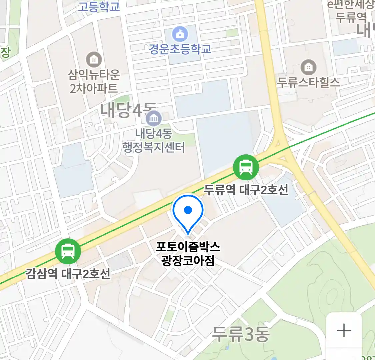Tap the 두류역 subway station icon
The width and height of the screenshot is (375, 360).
pos(246,167)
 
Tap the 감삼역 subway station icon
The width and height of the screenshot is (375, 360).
pos(68,251)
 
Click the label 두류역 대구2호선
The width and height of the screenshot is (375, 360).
pos(246,190)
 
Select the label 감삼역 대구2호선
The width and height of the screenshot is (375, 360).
pos(68,274)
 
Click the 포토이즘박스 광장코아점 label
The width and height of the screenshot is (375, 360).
pos(188,254)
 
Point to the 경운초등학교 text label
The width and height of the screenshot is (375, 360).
pos(180,49)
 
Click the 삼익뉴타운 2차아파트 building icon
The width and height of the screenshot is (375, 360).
pos(94,60)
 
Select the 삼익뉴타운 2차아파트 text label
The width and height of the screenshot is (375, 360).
pos(94,81)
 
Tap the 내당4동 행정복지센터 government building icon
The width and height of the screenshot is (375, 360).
pos(154,119)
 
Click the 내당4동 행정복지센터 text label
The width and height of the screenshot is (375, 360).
pos(154,140)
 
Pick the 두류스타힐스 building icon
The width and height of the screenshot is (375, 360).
pos(308,68)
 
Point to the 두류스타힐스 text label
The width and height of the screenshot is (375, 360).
pos(308,82)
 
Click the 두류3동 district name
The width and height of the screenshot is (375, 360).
pos(241,334)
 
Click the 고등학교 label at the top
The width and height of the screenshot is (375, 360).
pos(99,6)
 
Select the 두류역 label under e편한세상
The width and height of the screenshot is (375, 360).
pos(351,17)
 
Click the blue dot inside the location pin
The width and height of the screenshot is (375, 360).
pos(188,210)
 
